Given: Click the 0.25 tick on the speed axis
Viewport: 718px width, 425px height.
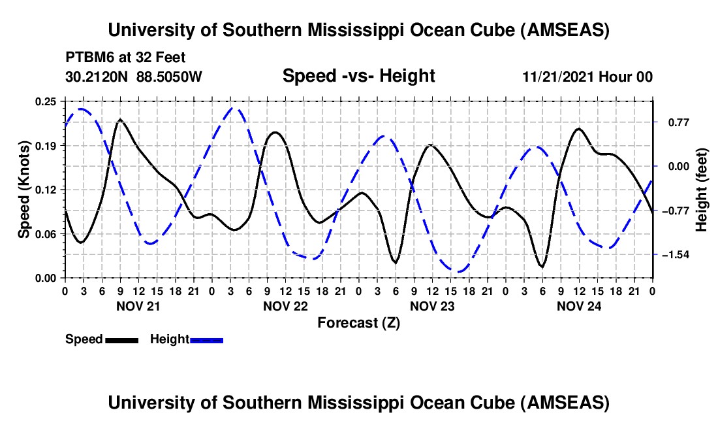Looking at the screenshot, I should (46, 101).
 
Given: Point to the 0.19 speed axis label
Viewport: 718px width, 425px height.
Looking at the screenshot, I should (46, 145).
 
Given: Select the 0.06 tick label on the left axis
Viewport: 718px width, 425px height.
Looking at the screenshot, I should (46, 233).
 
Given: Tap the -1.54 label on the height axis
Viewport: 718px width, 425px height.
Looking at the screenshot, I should (676, 254).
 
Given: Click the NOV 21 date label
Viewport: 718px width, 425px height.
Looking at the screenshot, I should (138, 306).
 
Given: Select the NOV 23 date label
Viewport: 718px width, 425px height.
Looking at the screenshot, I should (432, 306).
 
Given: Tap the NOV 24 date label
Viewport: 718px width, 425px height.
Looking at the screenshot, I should (579, 306).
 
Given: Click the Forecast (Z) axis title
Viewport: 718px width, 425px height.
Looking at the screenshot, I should (358, 322).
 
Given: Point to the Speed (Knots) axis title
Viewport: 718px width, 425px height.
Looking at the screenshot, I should (24, 190).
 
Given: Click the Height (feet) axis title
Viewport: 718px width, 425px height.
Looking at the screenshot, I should (702, 190).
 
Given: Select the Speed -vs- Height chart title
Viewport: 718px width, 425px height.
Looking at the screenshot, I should (358, 76).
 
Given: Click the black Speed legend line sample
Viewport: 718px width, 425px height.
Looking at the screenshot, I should (121, 340).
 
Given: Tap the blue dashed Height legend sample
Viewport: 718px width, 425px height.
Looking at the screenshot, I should (207, 340).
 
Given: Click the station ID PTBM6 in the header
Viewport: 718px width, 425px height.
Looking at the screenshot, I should (87, 57).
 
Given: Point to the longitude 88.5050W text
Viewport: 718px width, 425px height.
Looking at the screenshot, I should (170, 76).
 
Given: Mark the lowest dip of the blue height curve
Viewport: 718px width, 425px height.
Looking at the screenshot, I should (460, 271).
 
